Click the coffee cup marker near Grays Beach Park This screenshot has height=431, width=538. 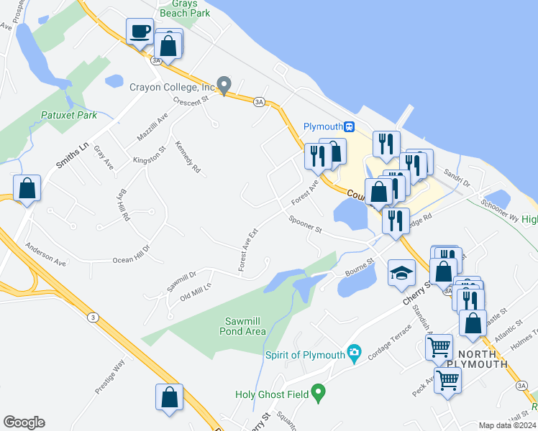point(140,32)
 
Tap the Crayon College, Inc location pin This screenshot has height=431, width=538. point(224,85)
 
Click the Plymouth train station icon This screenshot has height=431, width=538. point(350,126)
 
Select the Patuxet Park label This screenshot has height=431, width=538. point(68,115)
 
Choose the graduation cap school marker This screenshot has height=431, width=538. point(401,272)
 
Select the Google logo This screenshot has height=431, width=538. point(24,422)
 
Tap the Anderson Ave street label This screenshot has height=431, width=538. point(45,254)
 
